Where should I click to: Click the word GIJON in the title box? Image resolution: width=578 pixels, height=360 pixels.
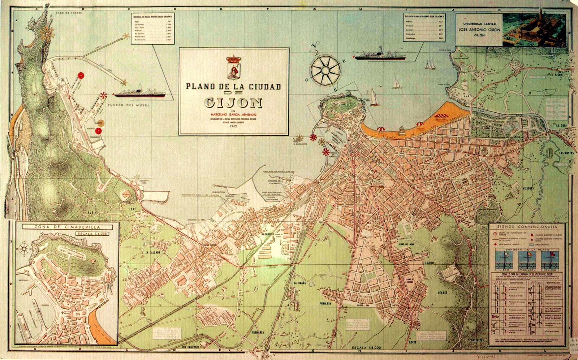point(233,103)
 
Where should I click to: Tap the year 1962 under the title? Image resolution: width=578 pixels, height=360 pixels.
point(233,126)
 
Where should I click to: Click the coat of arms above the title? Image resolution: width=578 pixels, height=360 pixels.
point(233,67)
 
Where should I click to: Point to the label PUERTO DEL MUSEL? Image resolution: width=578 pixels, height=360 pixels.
point(128,105)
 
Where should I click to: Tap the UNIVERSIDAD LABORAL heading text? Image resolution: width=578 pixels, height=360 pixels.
point(479,24)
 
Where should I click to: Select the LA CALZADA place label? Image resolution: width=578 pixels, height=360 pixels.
point(152,252)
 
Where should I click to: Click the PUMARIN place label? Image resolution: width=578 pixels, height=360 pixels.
point(325,304)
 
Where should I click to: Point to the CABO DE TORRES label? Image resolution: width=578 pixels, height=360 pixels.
point(68,13)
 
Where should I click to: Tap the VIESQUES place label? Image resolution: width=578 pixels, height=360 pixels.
point(528,188)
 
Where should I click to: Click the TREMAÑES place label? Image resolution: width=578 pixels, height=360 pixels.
point(258,332)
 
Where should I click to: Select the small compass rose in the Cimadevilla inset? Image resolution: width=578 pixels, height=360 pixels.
point(25,248)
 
